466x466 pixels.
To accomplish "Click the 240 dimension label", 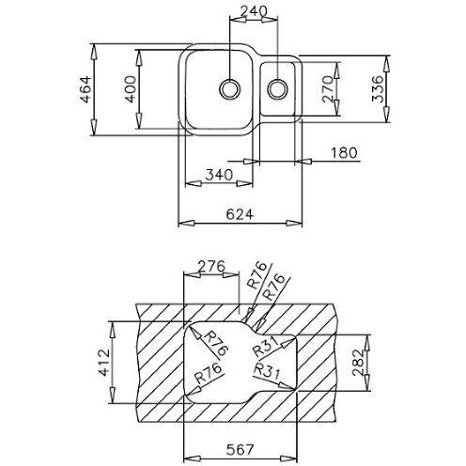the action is pyautogui.click(x=253, y=11).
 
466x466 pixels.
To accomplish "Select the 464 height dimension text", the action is pyautogui.click(x=85, y=89).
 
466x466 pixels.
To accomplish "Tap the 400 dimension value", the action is pyautogui.click(x=130, y=89).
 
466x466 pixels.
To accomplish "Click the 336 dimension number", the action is pyautogui.click(x=378, y=89).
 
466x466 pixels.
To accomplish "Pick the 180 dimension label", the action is pyautogui.click(x=344, y=153).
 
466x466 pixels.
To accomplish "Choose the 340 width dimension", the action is pyautogui.click(x=219, y=175).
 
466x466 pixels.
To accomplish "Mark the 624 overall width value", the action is pyautogui.click(x=240, y=214).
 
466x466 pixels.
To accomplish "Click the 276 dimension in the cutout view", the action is pyautogui.click(x=212, y=266).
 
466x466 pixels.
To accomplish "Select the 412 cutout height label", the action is pyautogui.click(x=103, y=362).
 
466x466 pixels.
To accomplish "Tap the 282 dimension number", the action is pyautogui.click(x=358, y=362).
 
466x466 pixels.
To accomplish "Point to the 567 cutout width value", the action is pyautogui.click(x=240, y=450).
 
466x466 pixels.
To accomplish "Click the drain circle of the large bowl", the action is pyautogui.click(x=229, y=89).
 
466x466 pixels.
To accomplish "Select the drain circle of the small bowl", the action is pyautogui.click(x=277, y=89).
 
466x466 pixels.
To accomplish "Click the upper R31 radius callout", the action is pyautogui.click(x=266, y=347).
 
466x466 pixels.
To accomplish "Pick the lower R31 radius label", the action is pyautogui.click(x=266, y=372).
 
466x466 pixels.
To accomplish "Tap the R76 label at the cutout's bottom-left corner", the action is pyautogui.click(x=209, y=374).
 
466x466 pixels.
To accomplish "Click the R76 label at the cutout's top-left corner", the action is pyautogui.click(x=216, y=344).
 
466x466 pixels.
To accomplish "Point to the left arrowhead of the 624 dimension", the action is pyautogui.click(x=187, y=224).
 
